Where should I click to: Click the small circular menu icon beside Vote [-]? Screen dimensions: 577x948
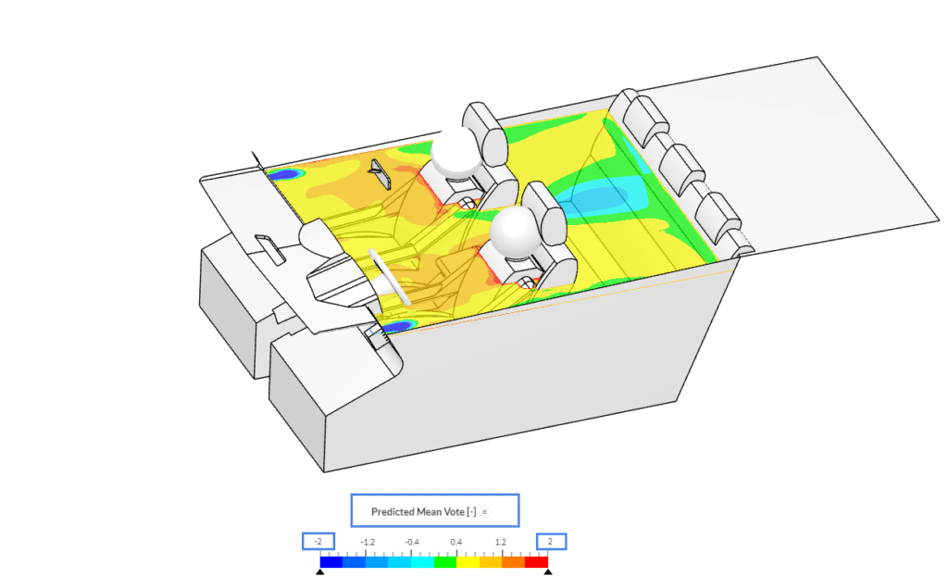[x=485, y=511]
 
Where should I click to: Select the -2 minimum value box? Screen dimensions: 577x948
[x=318, y=542]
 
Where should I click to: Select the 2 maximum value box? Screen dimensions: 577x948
[x=551, y=542]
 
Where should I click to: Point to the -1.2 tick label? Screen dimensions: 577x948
[x=367, y=542]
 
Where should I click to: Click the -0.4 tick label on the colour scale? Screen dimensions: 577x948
[x=412, y=542]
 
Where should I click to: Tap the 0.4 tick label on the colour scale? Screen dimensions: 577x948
[x=456, y=542]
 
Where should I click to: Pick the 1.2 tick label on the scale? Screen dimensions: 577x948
[x=501, y=542]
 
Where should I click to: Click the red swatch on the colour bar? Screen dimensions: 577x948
[x=537, y=561]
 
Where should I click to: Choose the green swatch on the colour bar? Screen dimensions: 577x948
[x=445, y=561]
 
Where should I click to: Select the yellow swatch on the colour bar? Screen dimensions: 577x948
[x=468, y=561]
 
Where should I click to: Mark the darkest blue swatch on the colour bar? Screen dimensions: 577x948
[x=331, y=561]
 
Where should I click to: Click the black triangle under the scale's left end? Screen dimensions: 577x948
[x=320, y=572]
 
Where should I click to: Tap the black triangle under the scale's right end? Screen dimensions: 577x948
[x=548, y=572]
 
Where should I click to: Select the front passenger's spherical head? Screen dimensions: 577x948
[x=457, y=152]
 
